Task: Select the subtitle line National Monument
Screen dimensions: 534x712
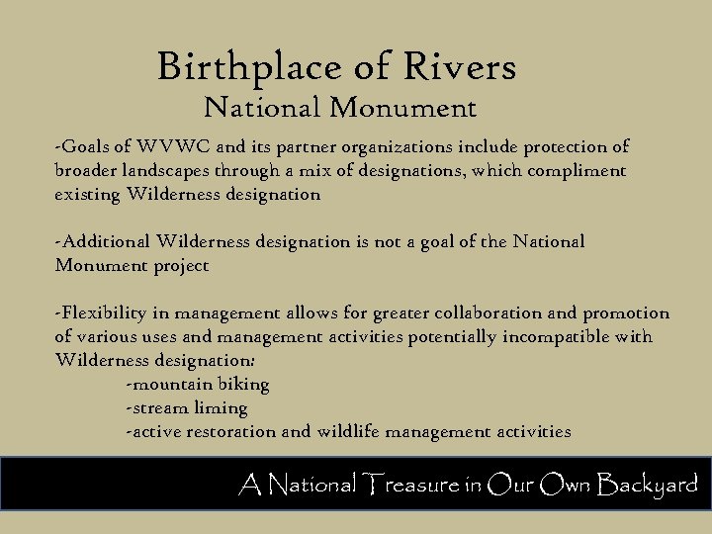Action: click(339, 107)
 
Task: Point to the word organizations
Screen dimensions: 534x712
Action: click(384, 147)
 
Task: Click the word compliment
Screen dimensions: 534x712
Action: click(576, 171)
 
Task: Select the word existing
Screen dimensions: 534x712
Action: click(87, 195)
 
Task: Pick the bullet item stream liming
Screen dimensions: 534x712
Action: click(187, 408)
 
